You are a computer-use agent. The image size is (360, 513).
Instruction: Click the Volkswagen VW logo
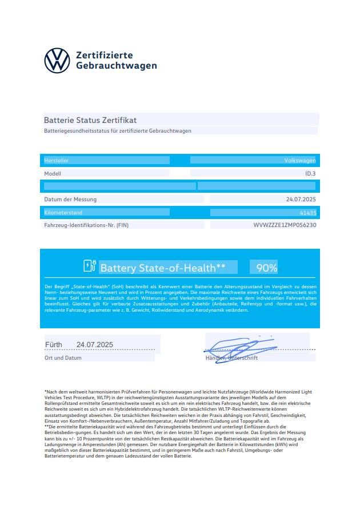57,60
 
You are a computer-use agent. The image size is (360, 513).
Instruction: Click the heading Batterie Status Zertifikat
90,120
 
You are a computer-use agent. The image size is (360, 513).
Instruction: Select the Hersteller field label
57,161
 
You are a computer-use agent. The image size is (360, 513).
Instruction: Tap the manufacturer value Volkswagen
300,161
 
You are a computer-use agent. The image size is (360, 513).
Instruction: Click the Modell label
53,173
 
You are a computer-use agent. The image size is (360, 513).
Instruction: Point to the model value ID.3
310,173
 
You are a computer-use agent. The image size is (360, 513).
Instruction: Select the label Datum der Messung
70,200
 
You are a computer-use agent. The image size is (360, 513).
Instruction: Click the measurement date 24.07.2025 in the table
301,200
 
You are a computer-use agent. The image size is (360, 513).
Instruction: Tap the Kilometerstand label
63,213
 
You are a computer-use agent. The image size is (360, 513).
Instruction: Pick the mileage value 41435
307,213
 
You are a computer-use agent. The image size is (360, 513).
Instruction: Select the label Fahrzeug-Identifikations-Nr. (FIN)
86,225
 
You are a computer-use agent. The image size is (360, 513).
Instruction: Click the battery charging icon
89,266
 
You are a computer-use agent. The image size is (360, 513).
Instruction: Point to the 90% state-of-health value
267,268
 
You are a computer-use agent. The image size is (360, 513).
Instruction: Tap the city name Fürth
54,344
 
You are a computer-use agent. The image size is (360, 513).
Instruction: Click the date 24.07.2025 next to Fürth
95,344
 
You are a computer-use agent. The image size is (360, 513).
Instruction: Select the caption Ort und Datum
63,357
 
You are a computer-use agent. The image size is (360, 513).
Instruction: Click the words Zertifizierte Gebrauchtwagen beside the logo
116,60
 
